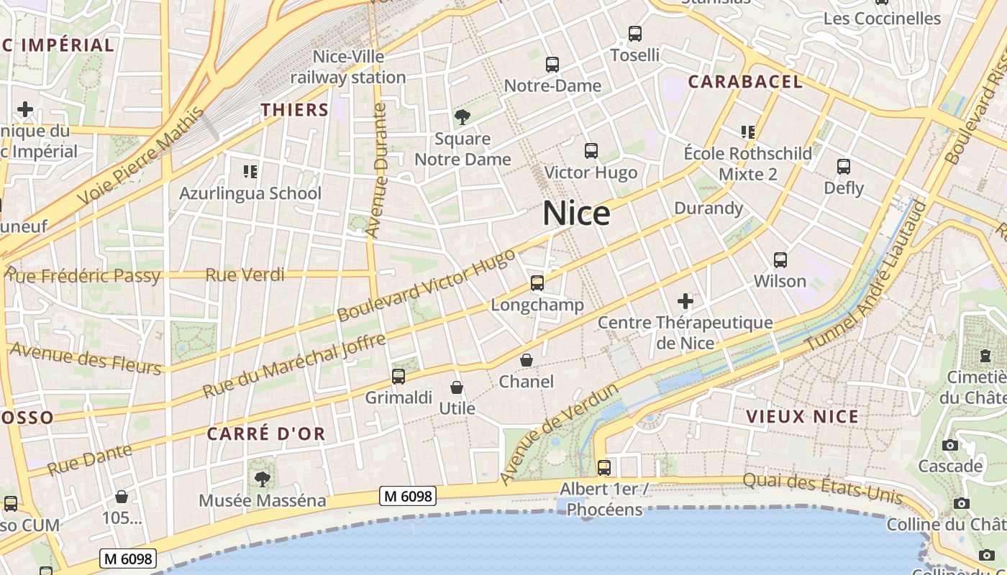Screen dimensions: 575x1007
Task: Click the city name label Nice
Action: pos(576,213)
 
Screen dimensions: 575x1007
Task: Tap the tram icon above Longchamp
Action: pos(537,282)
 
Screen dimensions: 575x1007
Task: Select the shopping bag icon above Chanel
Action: pos(527,359)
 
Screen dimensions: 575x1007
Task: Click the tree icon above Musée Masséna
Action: pos(263,478)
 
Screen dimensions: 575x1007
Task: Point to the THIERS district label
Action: pos(294,110)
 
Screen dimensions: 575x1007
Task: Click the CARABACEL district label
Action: pos(745,82)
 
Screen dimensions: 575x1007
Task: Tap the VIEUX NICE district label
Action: pos(802,417)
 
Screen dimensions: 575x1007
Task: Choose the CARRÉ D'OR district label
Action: pos(266,434)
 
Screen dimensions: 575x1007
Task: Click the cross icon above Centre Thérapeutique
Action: pos(685,300)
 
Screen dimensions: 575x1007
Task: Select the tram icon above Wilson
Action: pos(780,259)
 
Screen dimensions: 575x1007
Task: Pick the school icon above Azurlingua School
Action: pos(250,171)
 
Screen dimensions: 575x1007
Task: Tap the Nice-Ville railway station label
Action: pos(348,67)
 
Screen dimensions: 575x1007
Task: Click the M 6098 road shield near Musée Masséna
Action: pos(408,496)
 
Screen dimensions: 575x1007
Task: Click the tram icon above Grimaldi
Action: pos(398,376)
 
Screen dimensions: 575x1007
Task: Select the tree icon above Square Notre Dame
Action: pos(462,116)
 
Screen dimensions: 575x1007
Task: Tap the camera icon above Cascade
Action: pos(950,445)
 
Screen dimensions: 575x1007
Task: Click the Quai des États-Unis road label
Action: pos(822,489)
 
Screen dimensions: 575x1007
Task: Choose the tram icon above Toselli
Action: pos(634,33)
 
